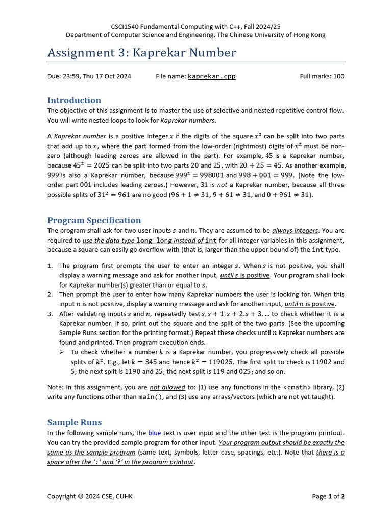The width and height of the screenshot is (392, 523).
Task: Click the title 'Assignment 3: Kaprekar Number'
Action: click(x=141, y=53)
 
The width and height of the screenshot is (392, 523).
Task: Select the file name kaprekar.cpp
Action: click(x=211, y=76)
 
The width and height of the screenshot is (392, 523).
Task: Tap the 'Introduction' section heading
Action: click(x=74, y=100)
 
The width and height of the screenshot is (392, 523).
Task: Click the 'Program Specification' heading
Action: click(x=94, y=220)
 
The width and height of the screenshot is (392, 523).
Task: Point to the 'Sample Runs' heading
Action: click(x=75, y=422)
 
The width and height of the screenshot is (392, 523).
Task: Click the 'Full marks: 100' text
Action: click(x=322, y=76)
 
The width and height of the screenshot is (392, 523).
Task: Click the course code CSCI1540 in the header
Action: click(x=127, y=26)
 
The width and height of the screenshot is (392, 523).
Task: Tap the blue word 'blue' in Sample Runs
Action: click(x=154, y=433)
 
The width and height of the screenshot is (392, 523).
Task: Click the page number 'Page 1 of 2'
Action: click(x=328, y=496)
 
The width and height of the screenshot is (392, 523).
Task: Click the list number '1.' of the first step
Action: click(x=50, y=266)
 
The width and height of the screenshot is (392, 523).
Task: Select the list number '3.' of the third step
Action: click(x=50, y=314)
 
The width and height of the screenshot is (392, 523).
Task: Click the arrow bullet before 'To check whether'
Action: click(x=61, y=352)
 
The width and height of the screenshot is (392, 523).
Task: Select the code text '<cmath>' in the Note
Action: click(x=297, y=387)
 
